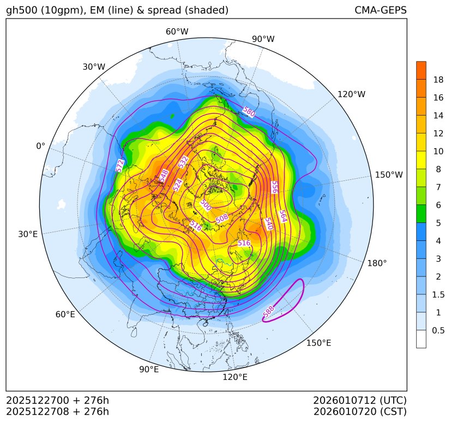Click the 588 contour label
tap(268, 311)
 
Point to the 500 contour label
tap(206, 205)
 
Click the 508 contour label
tap(222, 218)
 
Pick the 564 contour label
tap(282, 216)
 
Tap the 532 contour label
tap(183, 162)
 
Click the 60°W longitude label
tap(177, 32)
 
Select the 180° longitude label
tap(377, 263)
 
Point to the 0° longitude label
tap(40, 146)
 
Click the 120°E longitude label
tap(235, 377)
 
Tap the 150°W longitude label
tap(389, 175)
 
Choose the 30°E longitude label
tap(28, 234)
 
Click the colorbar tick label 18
tap(438, 80)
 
